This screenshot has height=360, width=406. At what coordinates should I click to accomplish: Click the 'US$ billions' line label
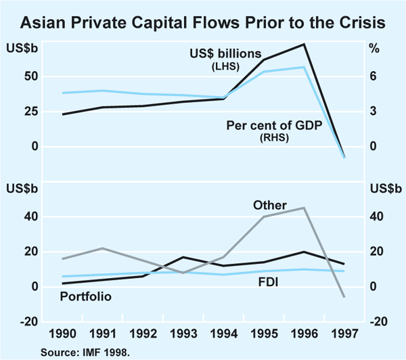[221, 53]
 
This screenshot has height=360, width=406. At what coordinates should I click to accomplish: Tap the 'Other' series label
[269, 205]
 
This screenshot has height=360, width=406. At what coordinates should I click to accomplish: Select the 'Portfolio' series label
[86, 296]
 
